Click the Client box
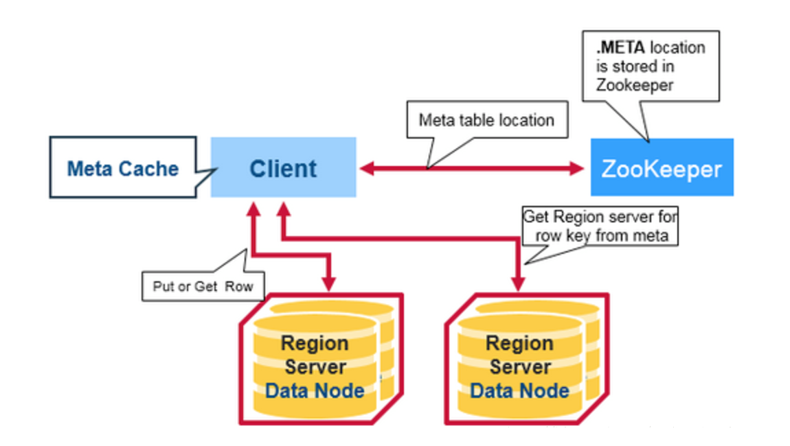pos(283,167)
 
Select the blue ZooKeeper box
pos(662,167)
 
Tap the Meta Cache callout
pos(124,167)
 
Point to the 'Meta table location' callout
pos(487,120)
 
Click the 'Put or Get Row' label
pos(203,286)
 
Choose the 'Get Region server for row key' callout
pos(600,226)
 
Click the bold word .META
pos(621,48)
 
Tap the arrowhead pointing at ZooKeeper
pos(577,168)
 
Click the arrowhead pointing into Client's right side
pos(367,168)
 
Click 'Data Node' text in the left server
pos(315,390)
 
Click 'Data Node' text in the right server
pos(520,390)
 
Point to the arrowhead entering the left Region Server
pos(329,284)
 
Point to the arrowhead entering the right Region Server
pos(518,284)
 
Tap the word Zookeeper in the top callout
pos(635,85)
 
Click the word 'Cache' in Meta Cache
pos(153,169)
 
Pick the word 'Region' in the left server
pos(315,343)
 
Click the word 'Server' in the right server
pos(520,367)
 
